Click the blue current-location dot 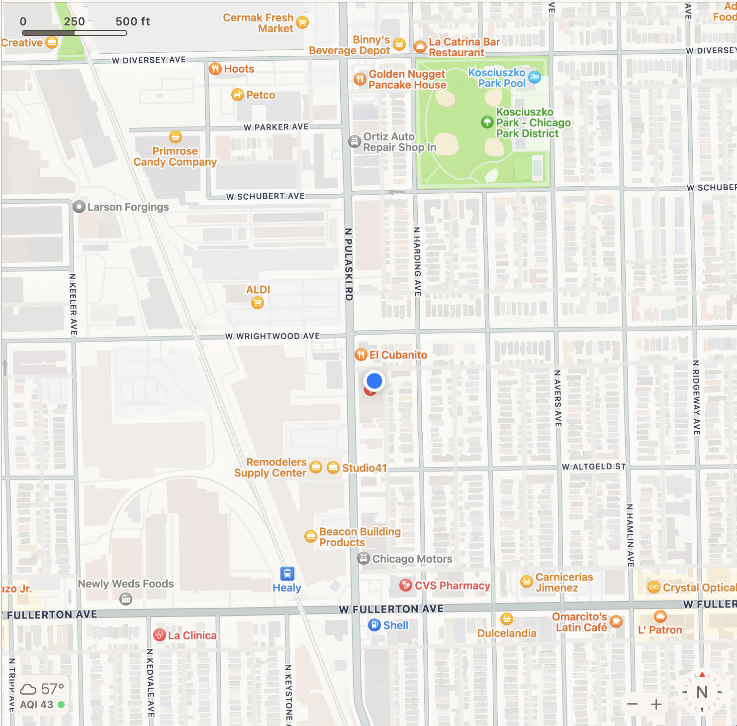click(374, 381)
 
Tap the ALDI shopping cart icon click(257, 303)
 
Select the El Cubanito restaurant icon click(361, 355)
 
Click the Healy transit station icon click(287, 574)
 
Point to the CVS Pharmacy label click(452, 586)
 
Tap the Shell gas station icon click(374, 625)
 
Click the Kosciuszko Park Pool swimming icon click(535, 77)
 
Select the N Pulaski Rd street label click(349, 264)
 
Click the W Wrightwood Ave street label click(273, 336)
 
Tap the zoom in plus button click(656, 704)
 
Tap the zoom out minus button click(633, 704)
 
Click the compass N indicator click(702, 692)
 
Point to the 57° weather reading click(52, 689)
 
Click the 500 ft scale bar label click(133, 21)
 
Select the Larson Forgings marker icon click(79, 207)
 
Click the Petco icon click(238, 95)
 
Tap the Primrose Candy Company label click(175, 156)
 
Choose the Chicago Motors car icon click(364, 559)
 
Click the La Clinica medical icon click(160, 635)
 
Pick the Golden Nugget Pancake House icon click(360, 79)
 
